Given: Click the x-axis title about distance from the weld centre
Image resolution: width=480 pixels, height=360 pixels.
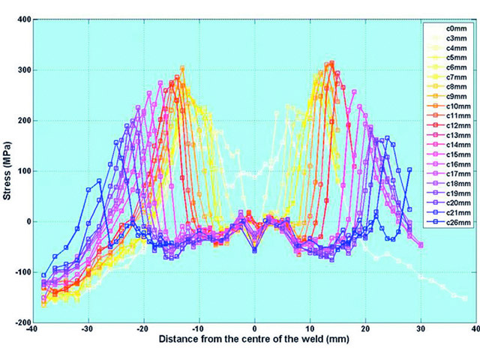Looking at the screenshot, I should tap(255, 340).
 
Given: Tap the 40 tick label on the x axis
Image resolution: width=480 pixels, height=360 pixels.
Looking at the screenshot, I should tap(477, 328).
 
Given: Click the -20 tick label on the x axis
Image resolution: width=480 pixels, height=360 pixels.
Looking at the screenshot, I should tap(143, 328).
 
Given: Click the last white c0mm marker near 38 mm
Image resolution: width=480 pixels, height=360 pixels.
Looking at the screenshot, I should tap(464, 298).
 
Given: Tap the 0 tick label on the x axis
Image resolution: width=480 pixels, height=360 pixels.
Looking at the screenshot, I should tap(255, 328).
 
